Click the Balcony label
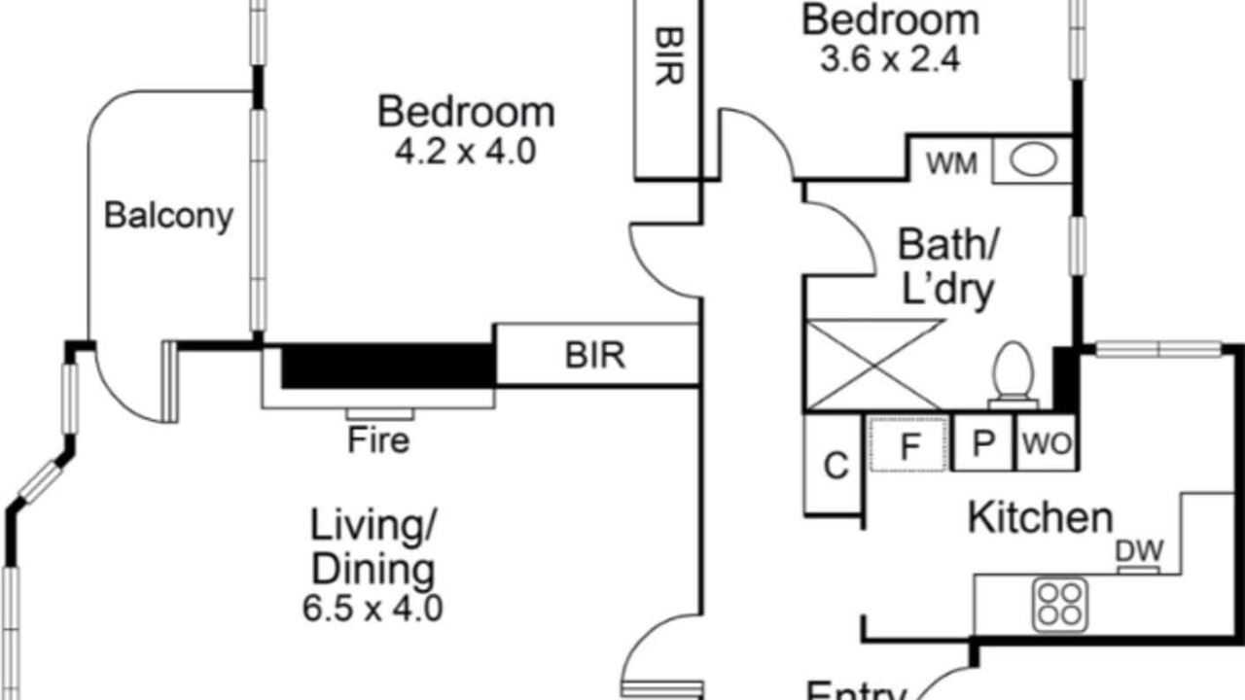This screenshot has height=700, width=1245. click(x=168, y=216)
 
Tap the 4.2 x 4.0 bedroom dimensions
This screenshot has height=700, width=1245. click(x=466, y=152)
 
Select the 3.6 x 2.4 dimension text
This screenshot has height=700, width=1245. click(x=890, y=59)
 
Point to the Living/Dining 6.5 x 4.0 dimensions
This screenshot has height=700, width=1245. click(x=373, y=608)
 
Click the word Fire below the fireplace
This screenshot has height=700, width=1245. click(x=378, y=440)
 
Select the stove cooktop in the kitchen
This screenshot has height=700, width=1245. click(x=1060, y=605)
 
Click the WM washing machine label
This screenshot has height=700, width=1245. click(x=951, y=164)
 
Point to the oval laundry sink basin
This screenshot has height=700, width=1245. click(x=1033, y=160)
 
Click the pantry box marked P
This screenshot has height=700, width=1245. click(x=983, y=442)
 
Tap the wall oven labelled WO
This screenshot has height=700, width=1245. click(x=1048, y=442)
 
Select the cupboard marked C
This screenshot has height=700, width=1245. click(x=834, y=465)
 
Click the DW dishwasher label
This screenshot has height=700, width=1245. click(x=1139, y=551)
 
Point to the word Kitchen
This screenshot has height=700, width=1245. click(x=1041, y=518)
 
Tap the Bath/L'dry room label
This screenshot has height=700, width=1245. click(x=947, y=267)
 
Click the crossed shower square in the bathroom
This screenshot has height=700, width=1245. click(x=872, y=365)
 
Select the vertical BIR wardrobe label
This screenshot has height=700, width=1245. click(x=668, y=56)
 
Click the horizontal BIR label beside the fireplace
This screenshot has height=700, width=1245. click(x=595, y=356)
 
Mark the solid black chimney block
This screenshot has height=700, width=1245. click(x=388, y=365)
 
